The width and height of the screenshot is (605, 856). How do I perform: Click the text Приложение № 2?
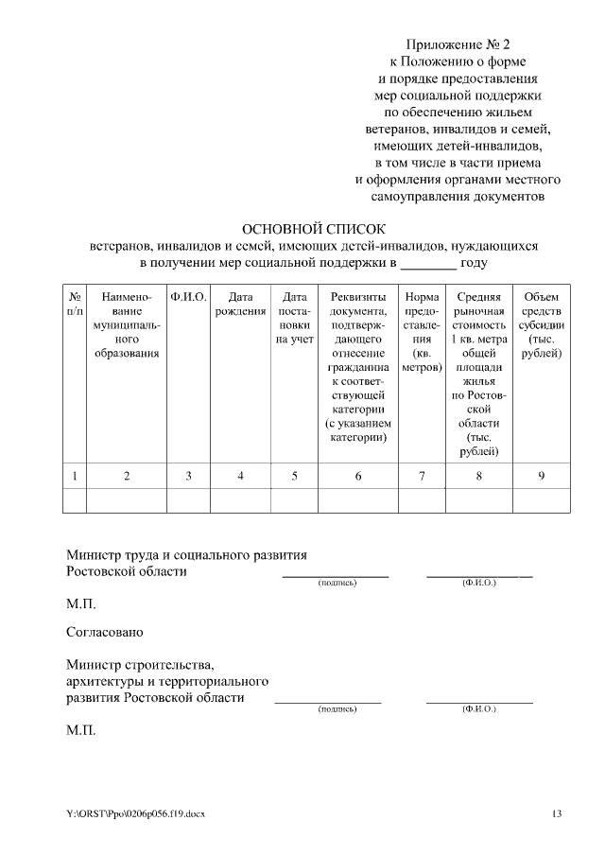457,44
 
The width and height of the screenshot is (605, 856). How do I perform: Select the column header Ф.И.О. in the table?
188,297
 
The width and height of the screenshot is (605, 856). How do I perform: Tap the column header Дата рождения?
240,305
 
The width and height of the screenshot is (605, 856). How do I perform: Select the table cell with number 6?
358,476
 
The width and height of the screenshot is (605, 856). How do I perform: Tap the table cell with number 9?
541,476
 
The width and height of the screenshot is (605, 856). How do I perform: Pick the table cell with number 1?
75,476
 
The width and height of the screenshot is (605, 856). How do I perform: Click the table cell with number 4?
240,476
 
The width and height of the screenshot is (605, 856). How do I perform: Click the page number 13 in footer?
556,813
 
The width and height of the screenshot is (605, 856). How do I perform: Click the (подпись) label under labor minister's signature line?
337,583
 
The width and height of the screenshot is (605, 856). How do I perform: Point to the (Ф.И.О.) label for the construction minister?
478,708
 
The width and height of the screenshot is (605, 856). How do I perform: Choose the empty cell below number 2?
127,500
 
